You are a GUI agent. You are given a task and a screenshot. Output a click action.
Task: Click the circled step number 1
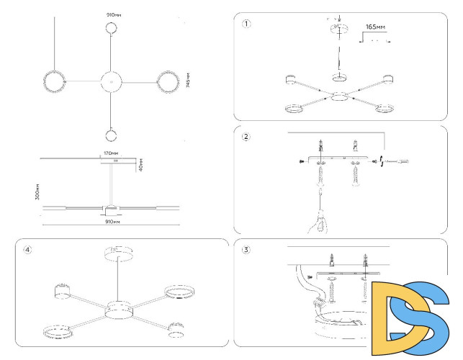(247, 23)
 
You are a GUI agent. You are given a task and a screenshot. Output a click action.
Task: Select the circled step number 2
(246, 137)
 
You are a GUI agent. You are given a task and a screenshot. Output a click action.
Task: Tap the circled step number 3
(246, 250)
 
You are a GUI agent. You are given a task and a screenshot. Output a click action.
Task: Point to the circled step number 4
(27, 250)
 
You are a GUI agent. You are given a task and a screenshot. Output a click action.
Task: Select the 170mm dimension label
(110, 153)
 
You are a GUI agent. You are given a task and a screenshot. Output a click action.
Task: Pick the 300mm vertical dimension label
(37, 191)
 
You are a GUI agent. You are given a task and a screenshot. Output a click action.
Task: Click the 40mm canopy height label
(141, 165)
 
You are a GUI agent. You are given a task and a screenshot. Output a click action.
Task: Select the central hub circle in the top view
(112, 81)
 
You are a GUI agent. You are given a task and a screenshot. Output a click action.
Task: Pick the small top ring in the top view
(112, 29)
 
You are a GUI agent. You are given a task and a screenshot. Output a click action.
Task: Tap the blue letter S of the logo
(426, 317)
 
